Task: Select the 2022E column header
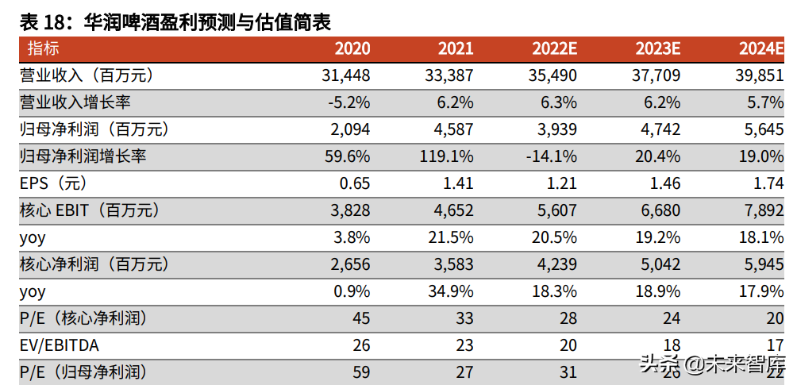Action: (x=554, y=48)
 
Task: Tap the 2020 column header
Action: (x=352, y=48)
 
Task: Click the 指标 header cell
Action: (x=43, y=48)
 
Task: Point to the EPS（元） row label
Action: (x=54, y=183)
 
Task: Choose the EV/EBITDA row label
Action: (x=60, y=345)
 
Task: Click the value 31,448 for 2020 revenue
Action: (x=347, y=75)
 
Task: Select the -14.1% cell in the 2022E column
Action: (x=551, y=156)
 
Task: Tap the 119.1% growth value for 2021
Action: (x=447, y=156)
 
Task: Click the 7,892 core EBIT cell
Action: (x=763, y=210)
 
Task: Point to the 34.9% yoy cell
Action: (x=451, y=291)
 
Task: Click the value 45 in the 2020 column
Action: (x=361, y=318)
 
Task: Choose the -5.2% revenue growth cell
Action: (x=349, y=102)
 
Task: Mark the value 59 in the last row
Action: (x=361, y=372)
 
